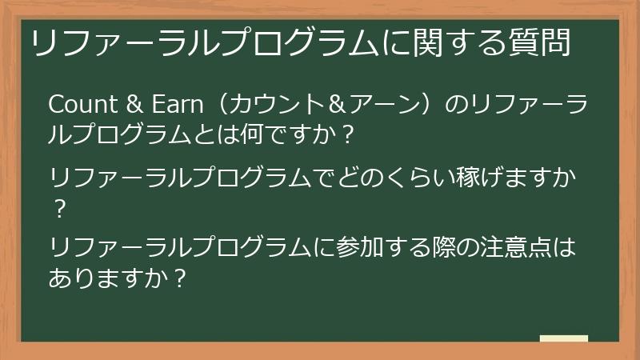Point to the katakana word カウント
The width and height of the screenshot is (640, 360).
(x=268, y=104)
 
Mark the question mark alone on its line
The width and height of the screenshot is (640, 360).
(x=58, y=207)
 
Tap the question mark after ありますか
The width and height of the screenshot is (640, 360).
(x=182, y=279)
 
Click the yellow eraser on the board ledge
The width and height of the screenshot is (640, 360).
(x=563, y=338)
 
